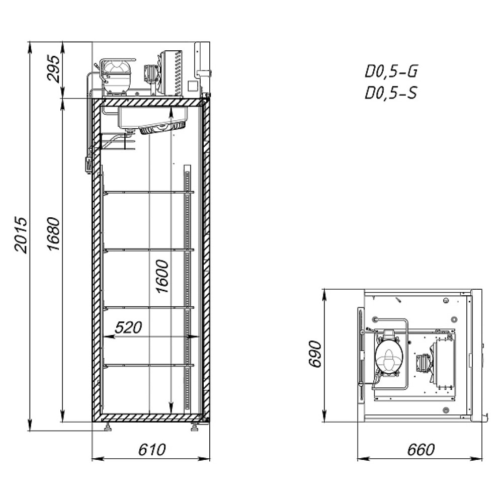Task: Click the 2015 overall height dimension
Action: point(21,235)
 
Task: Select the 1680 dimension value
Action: point(53,234)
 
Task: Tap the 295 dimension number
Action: point(53,69)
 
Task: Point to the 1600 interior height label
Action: point(162,276)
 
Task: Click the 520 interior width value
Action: point(128,327)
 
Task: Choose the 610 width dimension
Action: point(152,449)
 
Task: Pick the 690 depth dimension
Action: point(315,354)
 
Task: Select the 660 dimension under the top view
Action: point(421,449)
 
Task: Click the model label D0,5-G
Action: point(391,71)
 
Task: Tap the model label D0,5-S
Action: point(391,93)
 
